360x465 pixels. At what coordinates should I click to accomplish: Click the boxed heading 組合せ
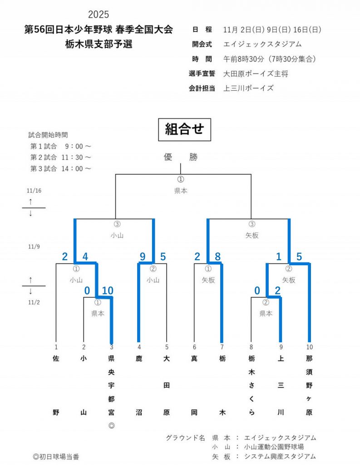pos(184,130)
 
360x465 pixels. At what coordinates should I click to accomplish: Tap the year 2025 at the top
pos(99,15)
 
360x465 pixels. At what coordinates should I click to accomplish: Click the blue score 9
pos(143,257)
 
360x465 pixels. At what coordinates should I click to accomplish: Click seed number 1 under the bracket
pos(56,347)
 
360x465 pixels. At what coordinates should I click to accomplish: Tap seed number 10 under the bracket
pos(309,347)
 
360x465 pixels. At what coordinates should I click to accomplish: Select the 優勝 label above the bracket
pos(181,158)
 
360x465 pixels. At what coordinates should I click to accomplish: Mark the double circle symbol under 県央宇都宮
pos(111,426)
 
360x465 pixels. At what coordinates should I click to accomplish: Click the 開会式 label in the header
pos(202,45)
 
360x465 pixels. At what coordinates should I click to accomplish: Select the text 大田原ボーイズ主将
pos(256,74)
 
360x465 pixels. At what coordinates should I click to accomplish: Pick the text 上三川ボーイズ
pos(249,88)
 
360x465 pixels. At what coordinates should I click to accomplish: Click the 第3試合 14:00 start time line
pos(61,168)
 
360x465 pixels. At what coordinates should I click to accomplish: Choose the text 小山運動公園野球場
pos(274,447)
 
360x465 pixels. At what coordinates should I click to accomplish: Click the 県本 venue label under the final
pos(181,191)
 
